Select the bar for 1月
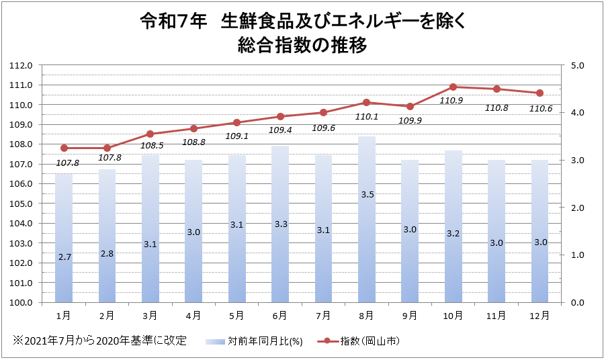point(64,242)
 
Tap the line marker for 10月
point(453,87)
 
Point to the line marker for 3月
point(150,134)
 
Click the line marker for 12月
point(539,93)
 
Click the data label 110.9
point(451,101)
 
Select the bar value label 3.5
point(367,195)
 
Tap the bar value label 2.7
point(64,257)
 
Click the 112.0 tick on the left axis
point(22,66)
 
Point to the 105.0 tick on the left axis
point(22,204)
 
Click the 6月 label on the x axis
point(280,314)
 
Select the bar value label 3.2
point(453,234)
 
